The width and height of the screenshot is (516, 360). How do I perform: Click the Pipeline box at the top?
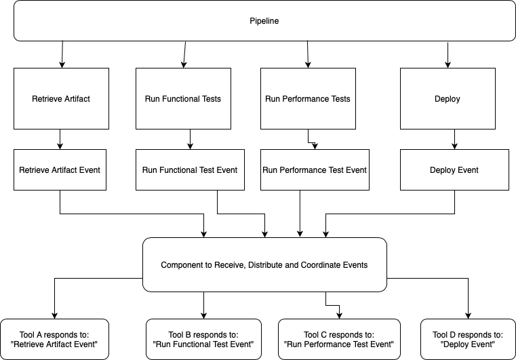(x=264, y=21)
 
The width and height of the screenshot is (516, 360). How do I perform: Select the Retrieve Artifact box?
(x=61, y=98)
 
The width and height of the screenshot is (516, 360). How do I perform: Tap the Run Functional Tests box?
(x=183, y=98)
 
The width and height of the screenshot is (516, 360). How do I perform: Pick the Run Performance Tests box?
(x=308, y=98)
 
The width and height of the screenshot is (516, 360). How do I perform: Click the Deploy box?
(x=448, y=98)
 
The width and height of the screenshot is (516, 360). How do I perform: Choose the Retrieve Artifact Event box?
(x=60, y=169)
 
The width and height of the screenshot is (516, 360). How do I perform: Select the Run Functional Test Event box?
(x=191, y=169)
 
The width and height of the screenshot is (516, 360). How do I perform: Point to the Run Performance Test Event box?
(x=315, y=169)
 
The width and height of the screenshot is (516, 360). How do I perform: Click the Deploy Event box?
(x=454, y=169)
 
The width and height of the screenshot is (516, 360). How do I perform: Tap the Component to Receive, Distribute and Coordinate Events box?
(x=264, y=264)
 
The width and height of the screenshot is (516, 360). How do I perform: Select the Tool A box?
(x=55, y=339)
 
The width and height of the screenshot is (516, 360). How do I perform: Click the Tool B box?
(x=203, y=339)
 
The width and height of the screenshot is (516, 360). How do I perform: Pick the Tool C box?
(x=339, y=339)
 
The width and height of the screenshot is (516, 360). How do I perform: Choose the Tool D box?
(x=468, y=339)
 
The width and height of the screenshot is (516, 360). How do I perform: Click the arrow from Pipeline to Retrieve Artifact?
(x=62, y=55)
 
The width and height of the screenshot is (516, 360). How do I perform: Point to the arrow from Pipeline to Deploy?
(x=448, y=56)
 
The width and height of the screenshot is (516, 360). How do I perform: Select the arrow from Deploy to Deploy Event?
(x=454, y=139)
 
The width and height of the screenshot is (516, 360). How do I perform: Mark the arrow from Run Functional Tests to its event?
(x=191, y=139)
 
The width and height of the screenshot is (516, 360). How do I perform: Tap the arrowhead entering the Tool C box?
(x=339, y=315)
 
